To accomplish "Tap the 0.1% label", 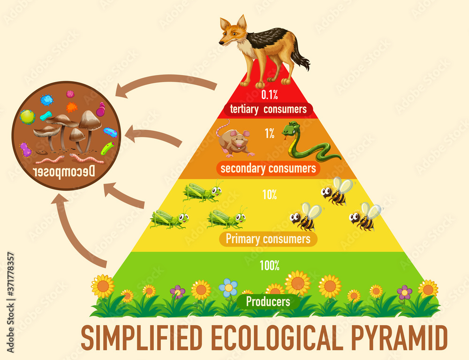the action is click(x=270, y=95).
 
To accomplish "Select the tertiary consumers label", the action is click(x=268, y=109).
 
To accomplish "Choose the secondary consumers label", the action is click(x=268, y=168).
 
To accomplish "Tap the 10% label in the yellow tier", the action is click(x=269, y=194).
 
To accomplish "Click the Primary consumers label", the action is click(x=268, y=238).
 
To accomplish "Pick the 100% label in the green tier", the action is click(x=270, y=266).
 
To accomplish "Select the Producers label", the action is click(x=268, y=301).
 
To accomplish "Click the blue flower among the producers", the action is click(x=228, y=287).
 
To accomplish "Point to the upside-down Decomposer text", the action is click(x=66, y=172).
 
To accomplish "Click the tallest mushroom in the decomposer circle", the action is click(x=89, y=124).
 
